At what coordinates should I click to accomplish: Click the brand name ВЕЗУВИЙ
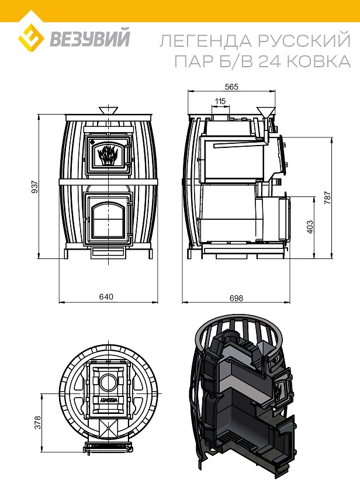point(90,38)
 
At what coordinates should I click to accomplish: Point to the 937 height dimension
point(34,186)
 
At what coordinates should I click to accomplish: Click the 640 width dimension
point(106,296)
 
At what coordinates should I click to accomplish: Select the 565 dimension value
point(231,87)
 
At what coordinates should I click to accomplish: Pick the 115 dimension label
point(220,101)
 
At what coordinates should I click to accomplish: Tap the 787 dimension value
point(328,198)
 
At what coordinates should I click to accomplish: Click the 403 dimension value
point(309,227)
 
